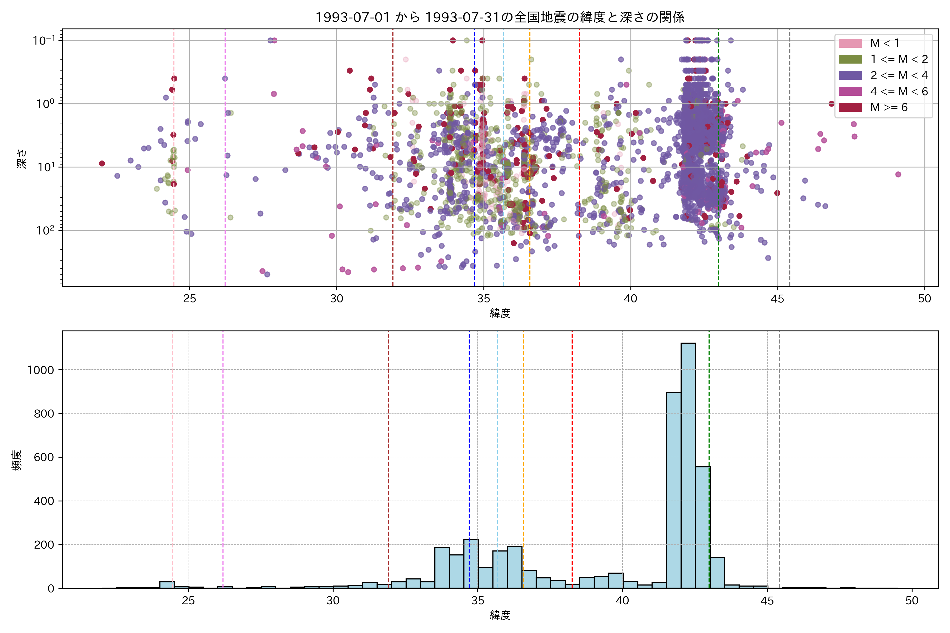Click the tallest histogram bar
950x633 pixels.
[x=688, y=464]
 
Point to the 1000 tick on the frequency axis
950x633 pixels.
[x=40, y=370]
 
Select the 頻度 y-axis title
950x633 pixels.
[x=17, y=460]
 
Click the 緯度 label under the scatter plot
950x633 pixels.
[x=500, y=313]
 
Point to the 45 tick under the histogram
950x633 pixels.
[x=767, y=601]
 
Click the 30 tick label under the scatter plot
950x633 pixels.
[x=336, y=299]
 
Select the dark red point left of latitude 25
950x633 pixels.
[x=102, y=164]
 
